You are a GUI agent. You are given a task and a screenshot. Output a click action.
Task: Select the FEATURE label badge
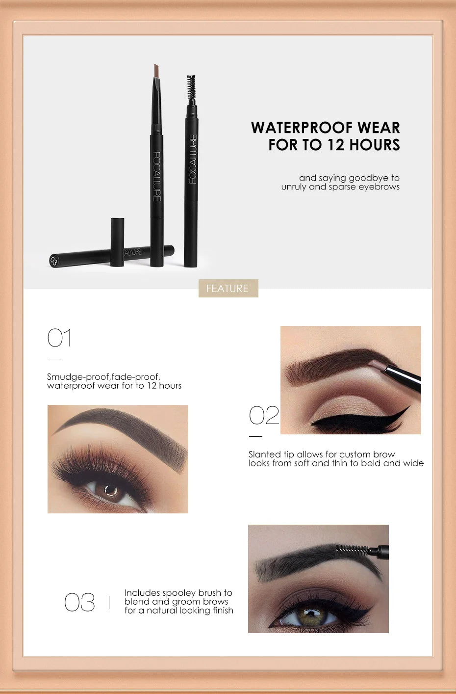pos(228,288)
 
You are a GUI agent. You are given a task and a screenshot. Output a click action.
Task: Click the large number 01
pos(59,338)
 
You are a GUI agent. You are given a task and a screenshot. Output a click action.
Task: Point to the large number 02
pos(264,416)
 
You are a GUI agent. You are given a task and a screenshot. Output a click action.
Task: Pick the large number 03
pos(79,602)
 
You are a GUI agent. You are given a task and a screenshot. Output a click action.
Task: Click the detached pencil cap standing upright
pos(117,242)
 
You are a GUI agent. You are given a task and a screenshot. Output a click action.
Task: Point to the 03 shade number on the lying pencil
pos(54,261)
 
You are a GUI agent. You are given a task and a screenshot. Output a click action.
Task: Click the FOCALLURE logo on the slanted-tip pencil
pos(156,176)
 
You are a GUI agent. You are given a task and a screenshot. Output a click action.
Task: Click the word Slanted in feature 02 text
pos(264,454)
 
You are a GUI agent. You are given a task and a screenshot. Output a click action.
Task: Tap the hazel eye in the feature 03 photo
pos(310,614)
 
